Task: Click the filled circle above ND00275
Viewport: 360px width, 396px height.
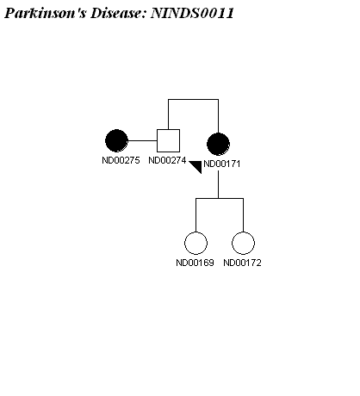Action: [116, 140]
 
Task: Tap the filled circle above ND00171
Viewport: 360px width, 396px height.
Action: [218, 144]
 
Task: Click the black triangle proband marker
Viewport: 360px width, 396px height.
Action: [197, 165]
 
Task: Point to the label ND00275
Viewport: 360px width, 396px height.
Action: [121, 160]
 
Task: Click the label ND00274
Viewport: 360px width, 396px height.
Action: [167, 160]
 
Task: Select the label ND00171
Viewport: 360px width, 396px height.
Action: [222, 164]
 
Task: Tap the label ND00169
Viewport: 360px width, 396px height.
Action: [195, 263]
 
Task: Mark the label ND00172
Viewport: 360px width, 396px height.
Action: [242, 263]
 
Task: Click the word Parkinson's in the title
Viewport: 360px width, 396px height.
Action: [46, 13]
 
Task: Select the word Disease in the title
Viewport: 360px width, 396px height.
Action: [118, 13]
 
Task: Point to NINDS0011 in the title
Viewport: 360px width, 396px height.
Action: [192, 13]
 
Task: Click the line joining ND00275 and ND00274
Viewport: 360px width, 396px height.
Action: [142, 140]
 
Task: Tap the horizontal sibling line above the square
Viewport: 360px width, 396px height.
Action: [193, 100]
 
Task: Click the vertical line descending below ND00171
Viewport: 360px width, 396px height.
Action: [218, 184]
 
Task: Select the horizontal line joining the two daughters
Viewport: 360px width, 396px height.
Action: [220, 198]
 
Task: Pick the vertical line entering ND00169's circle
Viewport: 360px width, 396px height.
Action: [196, 215]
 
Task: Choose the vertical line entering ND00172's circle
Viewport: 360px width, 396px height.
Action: [243, 215]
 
